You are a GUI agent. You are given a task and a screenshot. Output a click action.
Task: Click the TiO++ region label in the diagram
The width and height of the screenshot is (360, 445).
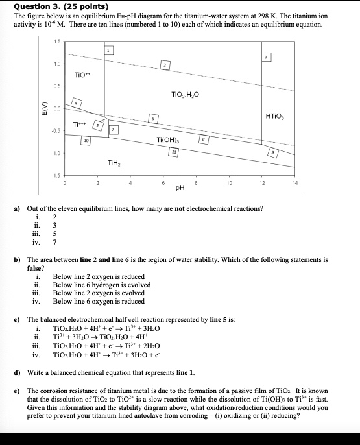click(80, 75)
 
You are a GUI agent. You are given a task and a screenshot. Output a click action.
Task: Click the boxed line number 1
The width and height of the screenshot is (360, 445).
click(109, 51)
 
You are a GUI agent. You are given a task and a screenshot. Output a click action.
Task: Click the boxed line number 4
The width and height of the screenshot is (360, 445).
click(77, 103)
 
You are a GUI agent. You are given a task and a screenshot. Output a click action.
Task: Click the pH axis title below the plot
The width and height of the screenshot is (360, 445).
click(180, 188)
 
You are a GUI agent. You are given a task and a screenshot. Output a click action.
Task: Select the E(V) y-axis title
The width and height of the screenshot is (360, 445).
click(43, 110)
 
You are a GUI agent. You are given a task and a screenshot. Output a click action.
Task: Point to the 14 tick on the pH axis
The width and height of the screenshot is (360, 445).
click(295, 183)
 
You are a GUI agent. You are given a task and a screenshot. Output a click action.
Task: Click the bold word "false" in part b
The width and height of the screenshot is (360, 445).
click(35, 268)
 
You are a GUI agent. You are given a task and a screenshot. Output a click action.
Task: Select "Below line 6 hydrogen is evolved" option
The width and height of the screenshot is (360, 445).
click(99, 285)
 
